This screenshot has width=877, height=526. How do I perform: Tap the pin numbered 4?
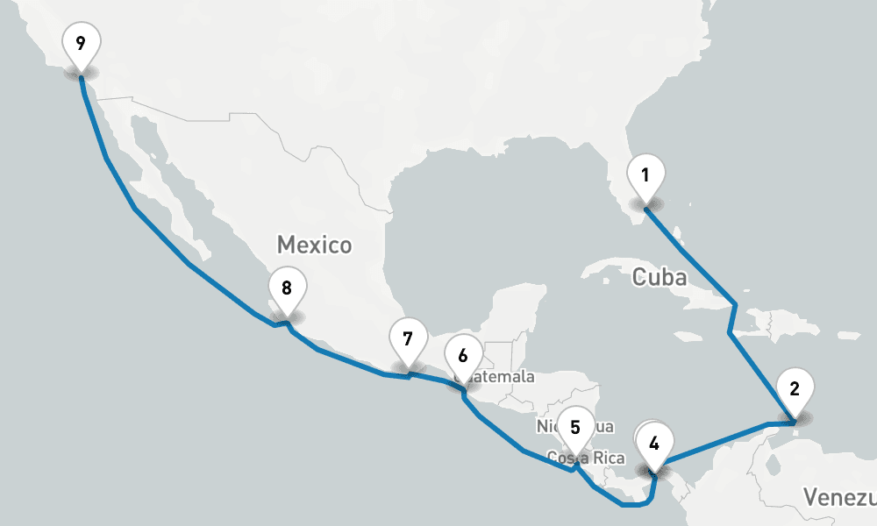click(654, 443)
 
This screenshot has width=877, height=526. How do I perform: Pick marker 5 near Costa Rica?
click(575, 428)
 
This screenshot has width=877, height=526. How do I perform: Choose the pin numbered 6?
click(463, 357)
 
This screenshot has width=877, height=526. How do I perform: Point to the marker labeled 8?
click(286, 287)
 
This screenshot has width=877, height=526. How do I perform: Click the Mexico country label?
click(314, 245)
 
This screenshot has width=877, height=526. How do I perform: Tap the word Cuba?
click(660, 278)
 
